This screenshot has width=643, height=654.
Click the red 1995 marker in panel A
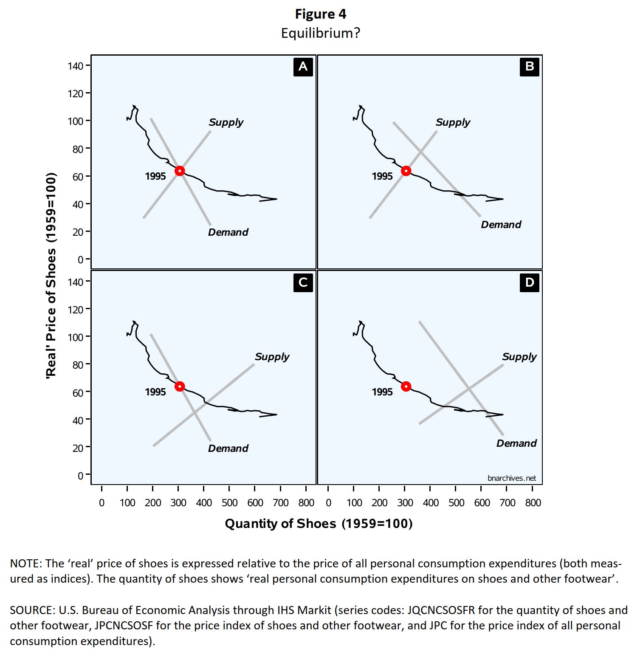(180, 171)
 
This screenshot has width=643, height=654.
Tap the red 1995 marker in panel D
(406, 386)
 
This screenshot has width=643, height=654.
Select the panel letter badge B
(529, 67)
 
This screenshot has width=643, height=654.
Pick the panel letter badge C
(303, 282)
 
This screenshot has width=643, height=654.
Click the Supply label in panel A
(226, 122)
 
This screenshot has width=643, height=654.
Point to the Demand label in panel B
(501, 225)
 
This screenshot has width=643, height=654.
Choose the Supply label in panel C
(272, 357)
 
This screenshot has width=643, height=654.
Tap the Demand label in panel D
(516, 443)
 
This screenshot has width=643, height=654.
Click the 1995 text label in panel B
(382, 176)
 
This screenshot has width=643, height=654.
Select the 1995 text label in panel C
(155, 392)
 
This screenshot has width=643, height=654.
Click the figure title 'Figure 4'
(321, 14)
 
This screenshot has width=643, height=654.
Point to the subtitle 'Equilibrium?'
(321, 33)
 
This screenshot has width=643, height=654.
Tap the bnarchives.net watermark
(512, 478)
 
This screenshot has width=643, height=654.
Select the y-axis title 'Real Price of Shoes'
(51, 275)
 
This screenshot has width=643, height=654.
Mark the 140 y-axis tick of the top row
(75, 66)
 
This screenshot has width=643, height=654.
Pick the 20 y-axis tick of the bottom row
(78, 448)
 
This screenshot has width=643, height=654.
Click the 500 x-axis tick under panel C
(229, 503)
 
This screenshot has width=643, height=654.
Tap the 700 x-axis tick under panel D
(507, 503)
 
